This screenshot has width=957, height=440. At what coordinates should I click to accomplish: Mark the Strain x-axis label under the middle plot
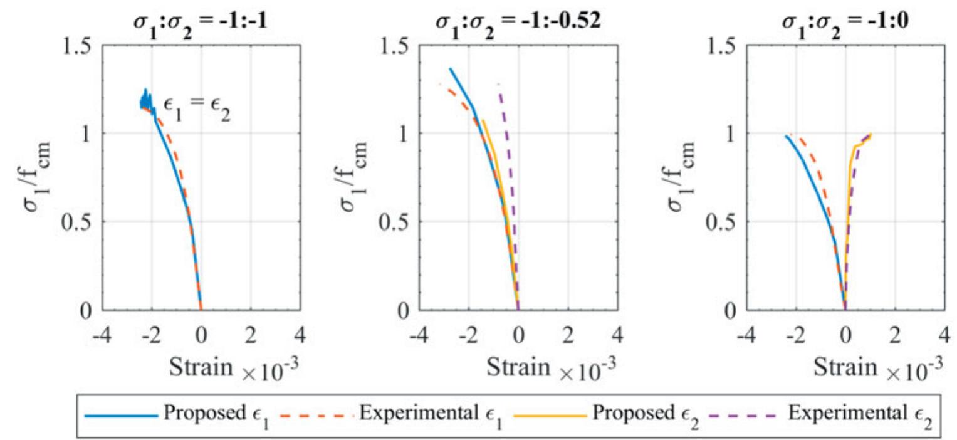(x=518, y=368)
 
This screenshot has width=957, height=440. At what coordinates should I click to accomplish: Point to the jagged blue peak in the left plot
(x=145, y=98)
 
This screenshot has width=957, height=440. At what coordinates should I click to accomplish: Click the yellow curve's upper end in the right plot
(x=870, y=134)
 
